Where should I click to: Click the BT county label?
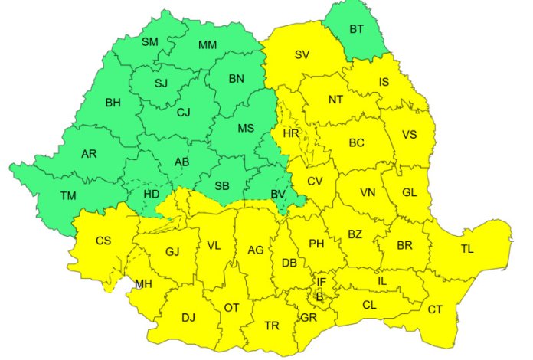357,30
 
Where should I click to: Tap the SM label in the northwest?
149,42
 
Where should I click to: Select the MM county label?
208,45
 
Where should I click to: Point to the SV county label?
302,54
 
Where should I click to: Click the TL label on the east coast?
467,249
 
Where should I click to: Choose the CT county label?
435,309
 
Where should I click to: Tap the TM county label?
69,197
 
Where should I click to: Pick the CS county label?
103,241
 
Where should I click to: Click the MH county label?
143,284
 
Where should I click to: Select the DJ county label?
188,316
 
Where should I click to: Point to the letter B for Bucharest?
320,296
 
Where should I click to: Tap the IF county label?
322,282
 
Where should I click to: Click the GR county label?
309,317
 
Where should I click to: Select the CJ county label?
184,113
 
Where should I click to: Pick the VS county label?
409,135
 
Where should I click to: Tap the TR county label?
272,326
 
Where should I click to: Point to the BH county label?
113,102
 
